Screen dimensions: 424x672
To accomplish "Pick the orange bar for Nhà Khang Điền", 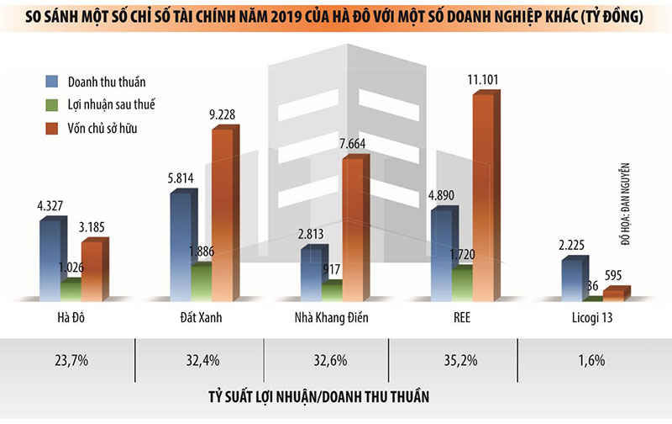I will (x=352, y=227).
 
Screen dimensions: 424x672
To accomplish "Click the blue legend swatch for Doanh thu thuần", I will (x=52, y=82).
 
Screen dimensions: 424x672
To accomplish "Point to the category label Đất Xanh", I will (x=204, y=318).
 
